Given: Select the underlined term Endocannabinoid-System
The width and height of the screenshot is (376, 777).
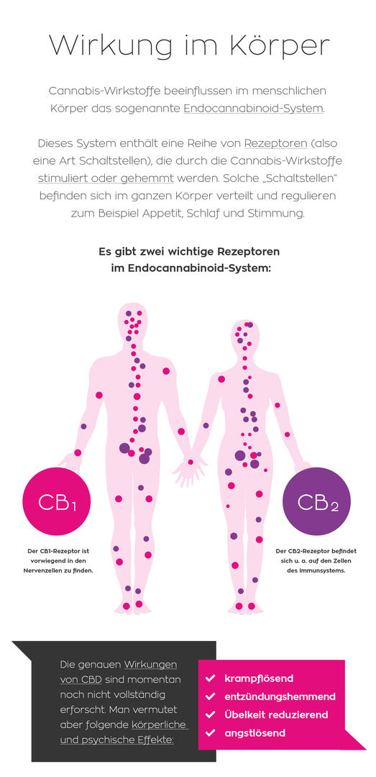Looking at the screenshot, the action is [x=253, y=109].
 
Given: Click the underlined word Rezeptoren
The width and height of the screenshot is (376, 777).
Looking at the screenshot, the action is [x=276, y=144].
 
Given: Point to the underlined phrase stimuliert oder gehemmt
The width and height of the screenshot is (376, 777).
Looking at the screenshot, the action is [x=106, y=178].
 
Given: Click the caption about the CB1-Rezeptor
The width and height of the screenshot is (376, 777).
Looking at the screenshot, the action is [x=58, y=560].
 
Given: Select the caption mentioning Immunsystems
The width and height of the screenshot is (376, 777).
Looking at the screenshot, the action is [x=316, y=560].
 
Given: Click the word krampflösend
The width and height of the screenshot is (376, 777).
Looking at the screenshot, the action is [x=259, y=678].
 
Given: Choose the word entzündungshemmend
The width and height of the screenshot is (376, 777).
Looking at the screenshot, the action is [x=280, y=696].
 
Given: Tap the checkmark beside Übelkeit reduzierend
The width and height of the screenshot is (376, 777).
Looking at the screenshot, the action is [x=210, y=714].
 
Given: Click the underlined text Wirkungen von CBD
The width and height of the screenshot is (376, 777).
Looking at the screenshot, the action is [x=119, y=672].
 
